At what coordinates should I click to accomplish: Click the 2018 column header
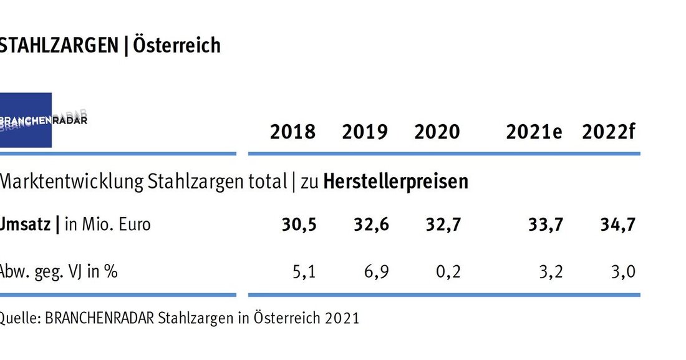point(292,132)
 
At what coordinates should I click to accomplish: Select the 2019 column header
point(365,132)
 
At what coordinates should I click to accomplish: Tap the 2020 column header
point(437,132)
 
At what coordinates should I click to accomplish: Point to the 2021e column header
point(534,132)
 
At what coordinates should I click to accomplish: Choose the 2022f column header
point(608,132)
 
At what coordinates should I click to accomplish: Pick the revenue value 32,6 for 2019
point(372,225)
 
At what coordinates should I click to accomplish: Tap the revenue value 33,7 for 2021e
point(546,225)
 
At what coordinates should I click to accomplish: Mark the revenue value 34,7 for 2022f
point(618,225)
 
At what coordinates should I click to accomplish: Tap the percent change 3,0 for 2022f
point(622,272)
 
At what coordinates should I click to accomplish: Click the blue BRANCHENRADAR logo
point(26,120)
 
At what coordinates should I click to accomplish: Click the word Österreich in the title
point(175,46)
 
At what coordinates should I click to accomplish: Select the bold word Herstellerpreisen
point(395,182)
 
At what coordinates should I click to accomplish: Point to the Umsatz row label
point(26,225)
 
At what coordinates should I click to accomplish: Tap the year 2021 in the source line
point(342,318)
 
